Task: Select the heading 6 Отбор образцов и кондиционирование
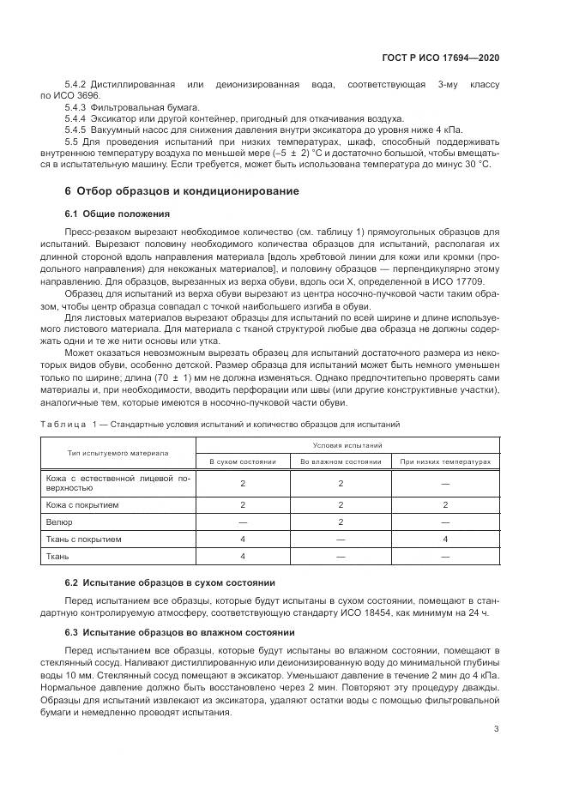click(182, 190)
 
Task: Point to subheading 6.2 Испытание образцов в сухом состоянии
click(170, 582)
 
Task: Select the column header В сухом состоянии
click(244, 461)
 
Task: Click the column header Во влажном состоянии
click(341, 461)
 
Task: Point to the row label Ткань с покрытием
click(84, 539)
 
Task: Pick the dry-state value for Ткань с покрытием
click(244, 539)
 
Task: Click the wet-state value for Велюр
click(341, 522)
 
